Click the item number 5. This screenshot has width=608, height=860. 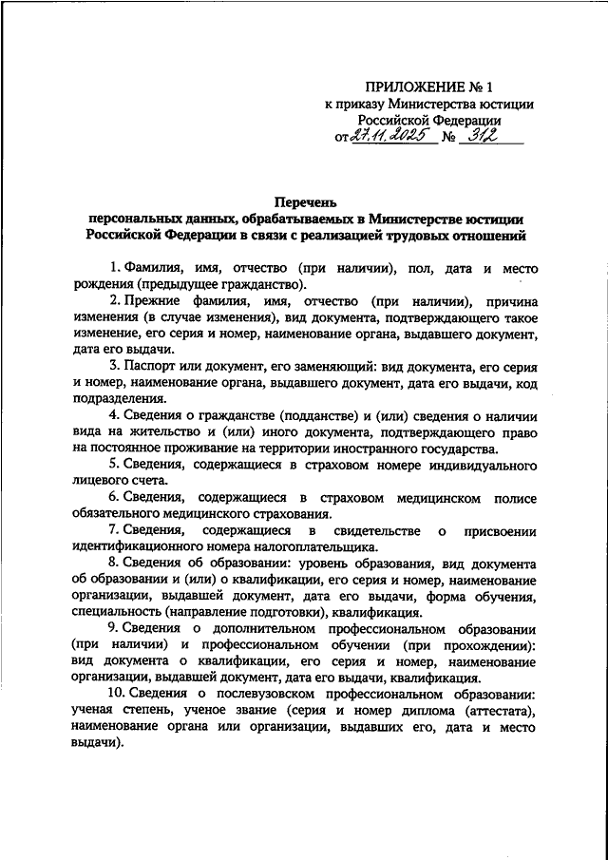click(112, 463)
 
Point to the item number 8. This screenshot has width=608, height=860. click(112, 564)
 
